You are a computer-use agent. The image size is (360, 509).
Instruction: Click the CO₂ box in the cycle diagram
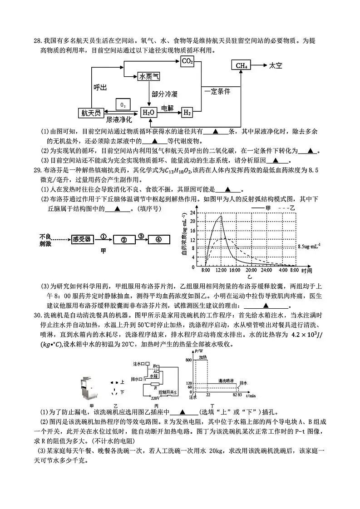[187, 61]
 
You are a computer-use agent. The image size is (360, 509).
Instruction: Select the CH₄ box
[241, 66]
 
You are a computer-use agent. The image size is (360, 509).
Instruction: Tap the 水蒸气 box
[149, 77]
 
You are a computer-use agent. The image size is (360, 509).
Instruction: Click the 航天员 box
[91, 112]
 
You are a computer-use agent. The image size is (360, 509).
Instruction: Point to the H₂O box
[148, 112]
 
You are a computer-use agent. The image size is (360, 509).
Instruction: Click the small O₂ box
[123, 105]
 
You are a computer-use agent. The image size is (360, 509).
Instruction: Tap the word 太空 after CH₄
[275, 66]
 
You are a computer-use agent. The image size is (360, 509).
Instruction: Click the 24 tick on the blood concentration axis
[192, 212]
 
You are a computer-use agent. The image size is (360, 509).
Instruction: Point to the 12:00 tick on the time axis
[221, 270]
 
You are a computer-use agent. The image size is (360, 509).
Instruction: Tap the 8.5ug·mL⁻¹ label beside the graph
[310, 246]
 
